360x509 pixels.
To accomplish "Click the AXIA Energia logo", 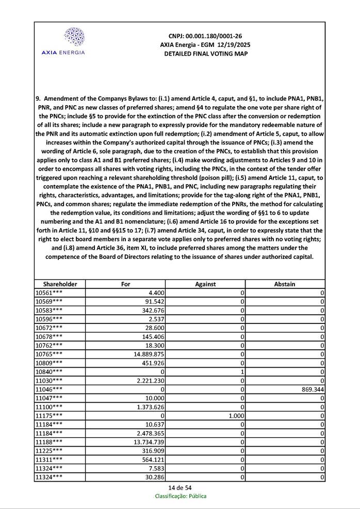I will coord(63,41).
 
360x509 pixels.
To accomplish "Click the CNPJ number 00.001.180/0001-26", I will coord(205,36).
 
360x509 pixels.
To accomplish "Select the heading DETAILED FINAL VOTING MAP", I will coord(205,54).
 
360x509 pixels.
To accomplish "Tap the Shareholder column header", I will coord(60,284).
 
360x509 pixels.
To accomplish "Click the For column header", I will coord(125,284).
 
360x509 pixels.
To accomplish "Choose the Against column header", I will coord(205,284).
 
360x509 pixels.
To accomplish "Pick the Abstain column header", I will coord(285,284).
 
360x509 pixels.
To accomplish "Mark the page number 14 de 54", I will coord(180,488).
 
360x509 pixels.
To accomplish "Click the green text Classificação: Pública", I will coord(181,496).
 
